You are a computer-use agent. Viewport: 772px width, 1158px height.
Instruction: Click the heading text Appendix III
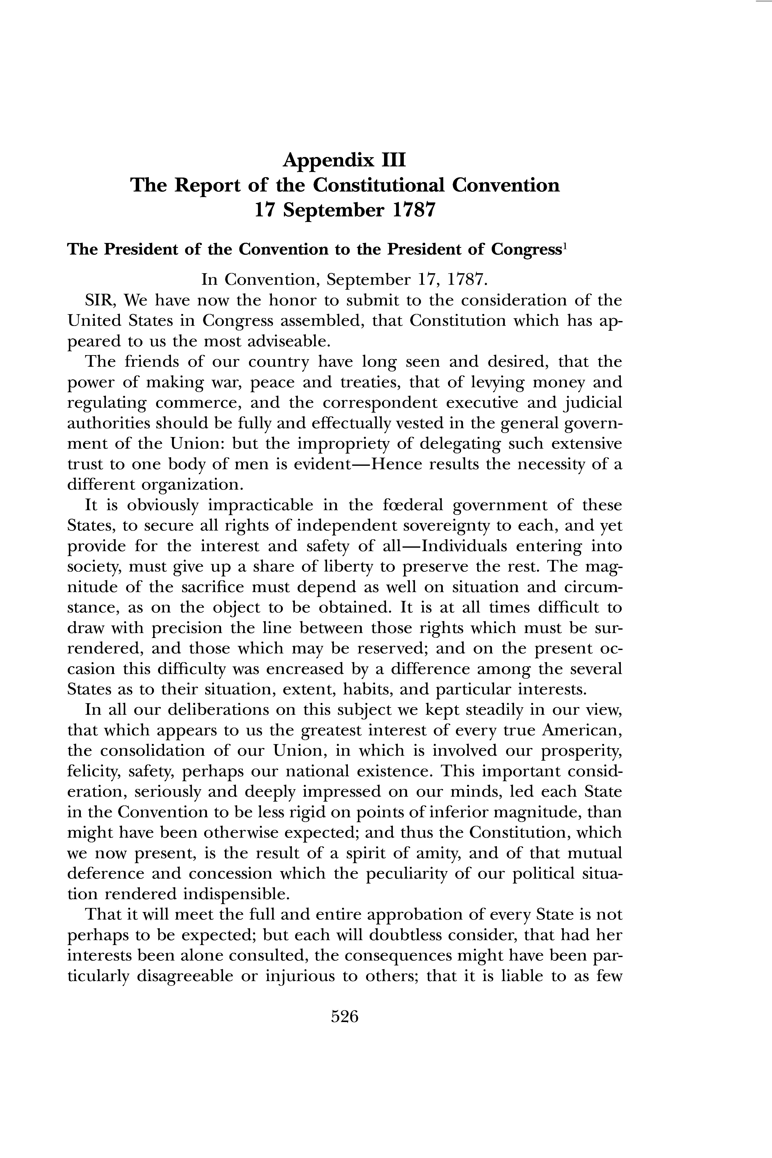(345, 160)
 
